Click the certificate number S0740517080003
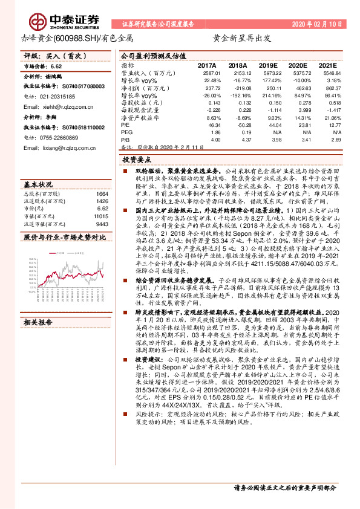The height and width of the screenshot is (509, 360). (80, 87)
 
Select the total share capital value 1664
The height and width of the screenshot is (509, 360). (102, 194)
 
